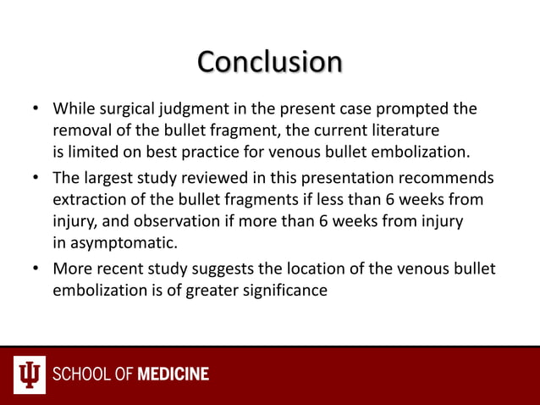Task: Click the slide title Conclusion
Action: (270, 62)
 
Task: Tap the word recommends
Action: (449, 179)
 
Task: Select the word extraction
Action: (89, 200)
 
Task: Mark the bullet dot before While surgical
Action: (36, 110)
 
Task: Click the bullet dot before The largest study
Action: (36, 179)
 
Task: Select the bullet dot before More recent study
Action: (36, 269)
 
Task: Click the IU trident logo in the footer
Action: (30, 374)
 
